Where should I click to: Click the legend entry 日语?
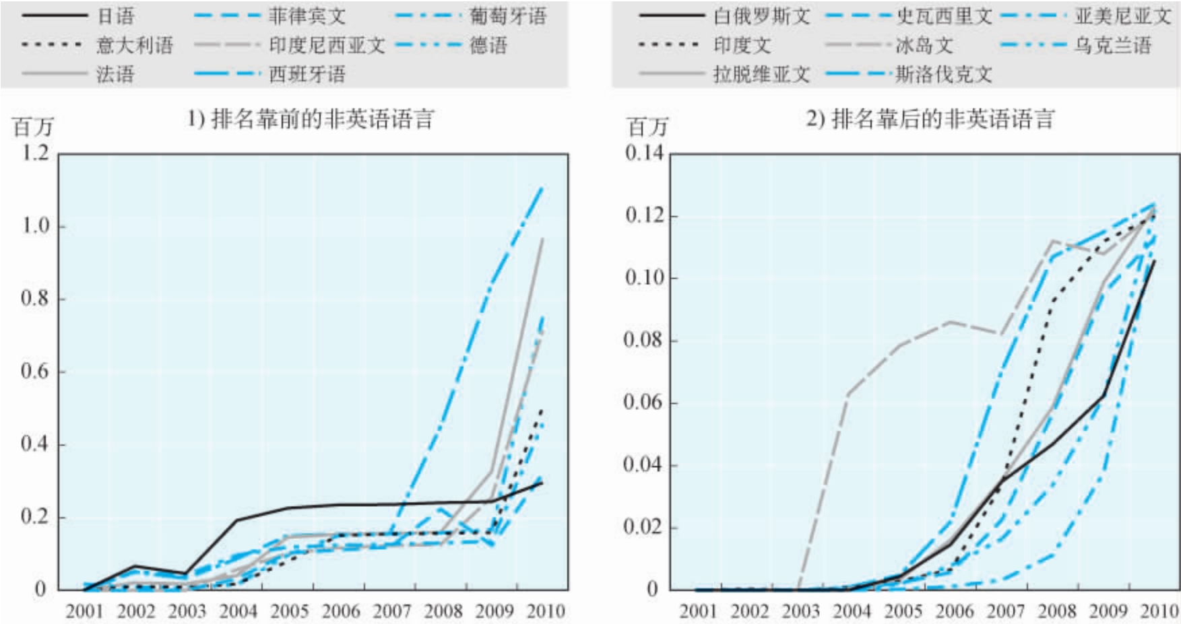click(x=115, y=15)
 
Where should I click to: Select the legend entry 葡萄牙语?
click(x=507, y=15)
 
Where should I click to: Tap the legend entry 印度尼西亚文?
click(x=327, y=45)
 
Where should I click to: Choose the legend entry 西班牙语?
click(x=307, y=73)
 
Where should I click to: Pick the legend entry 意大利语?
click(x=135, y=45)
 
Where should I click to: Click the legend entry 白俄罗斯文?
click(x=761, y=15)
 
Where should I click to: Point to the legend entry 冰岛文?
click(x=924, y=45)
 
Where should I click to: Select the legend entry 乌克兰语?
click(x=1112, y=45)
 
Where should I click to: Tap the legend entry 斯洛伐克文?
click(x=943, y=73)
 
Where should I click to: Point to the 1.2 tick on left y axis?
click(x=35, y=153)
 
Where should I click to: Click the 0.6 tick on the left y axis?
click(x=35, y=372)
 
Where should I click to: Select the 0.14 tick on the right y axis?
click(x=644, y=153)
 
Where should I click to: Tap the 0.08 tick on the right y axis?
click(x=644, y=340)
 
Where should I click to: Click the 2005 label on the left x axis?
click(x=290, y=611)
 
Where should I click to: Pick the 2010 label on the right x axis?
click(x=1159, y=611)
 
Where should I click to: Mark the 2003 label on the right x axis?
click(x=801, y=611)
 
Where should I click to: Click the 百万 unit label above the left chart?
click(x=32, y=127)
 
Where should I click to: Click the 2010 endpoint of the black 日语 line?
click(x=542, y=483)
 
